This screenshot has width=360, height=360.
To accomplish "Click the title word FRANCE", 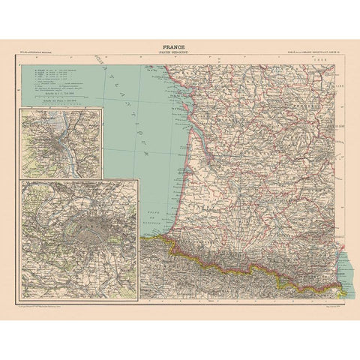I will [x=180, y=45].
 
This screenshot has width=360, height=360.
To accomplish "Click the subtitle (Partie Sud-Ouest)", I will [x=180, y=52].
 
